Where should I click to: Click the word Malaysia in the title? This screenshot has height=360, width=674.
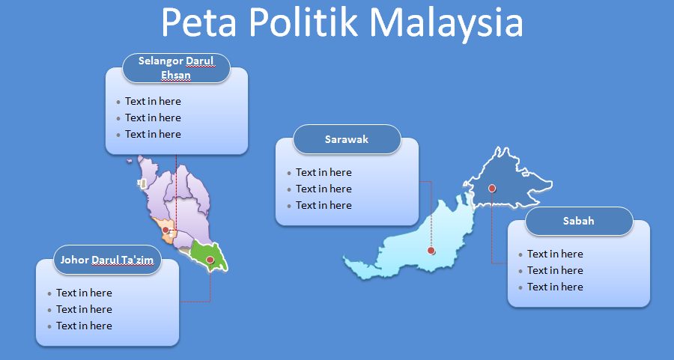[x=446, y=22]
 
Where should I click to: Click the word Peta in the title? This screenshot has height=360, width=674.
[x=199, y=22]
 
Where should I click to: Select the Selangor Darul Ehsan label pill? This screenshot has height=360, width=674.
[x=176, y=68]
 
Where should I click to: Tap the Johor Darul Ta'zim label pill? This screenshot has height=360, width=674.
[x=107, y=260]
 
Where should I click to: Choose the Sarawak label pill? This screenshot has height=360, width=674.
[x=347, y=139]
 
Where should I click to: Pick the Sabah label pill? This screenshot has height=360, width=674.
[x=579, y=221]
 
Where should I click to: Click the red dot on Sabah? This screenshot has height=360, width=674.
[x=492, y=188]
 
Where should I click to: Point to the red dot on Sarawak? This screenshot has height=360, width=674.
[x=431, y=251]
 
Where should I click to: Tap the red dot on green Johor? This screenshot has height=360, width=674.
[x=210, y=260]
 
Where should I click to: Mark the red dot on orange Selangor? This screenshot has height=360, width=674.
[x=166, y=231]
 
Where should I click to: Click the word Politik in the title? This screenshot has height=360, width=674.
[x=303, y=22]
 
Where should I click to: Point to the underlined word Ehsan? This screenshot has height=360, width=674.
[x=176, y=75]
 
